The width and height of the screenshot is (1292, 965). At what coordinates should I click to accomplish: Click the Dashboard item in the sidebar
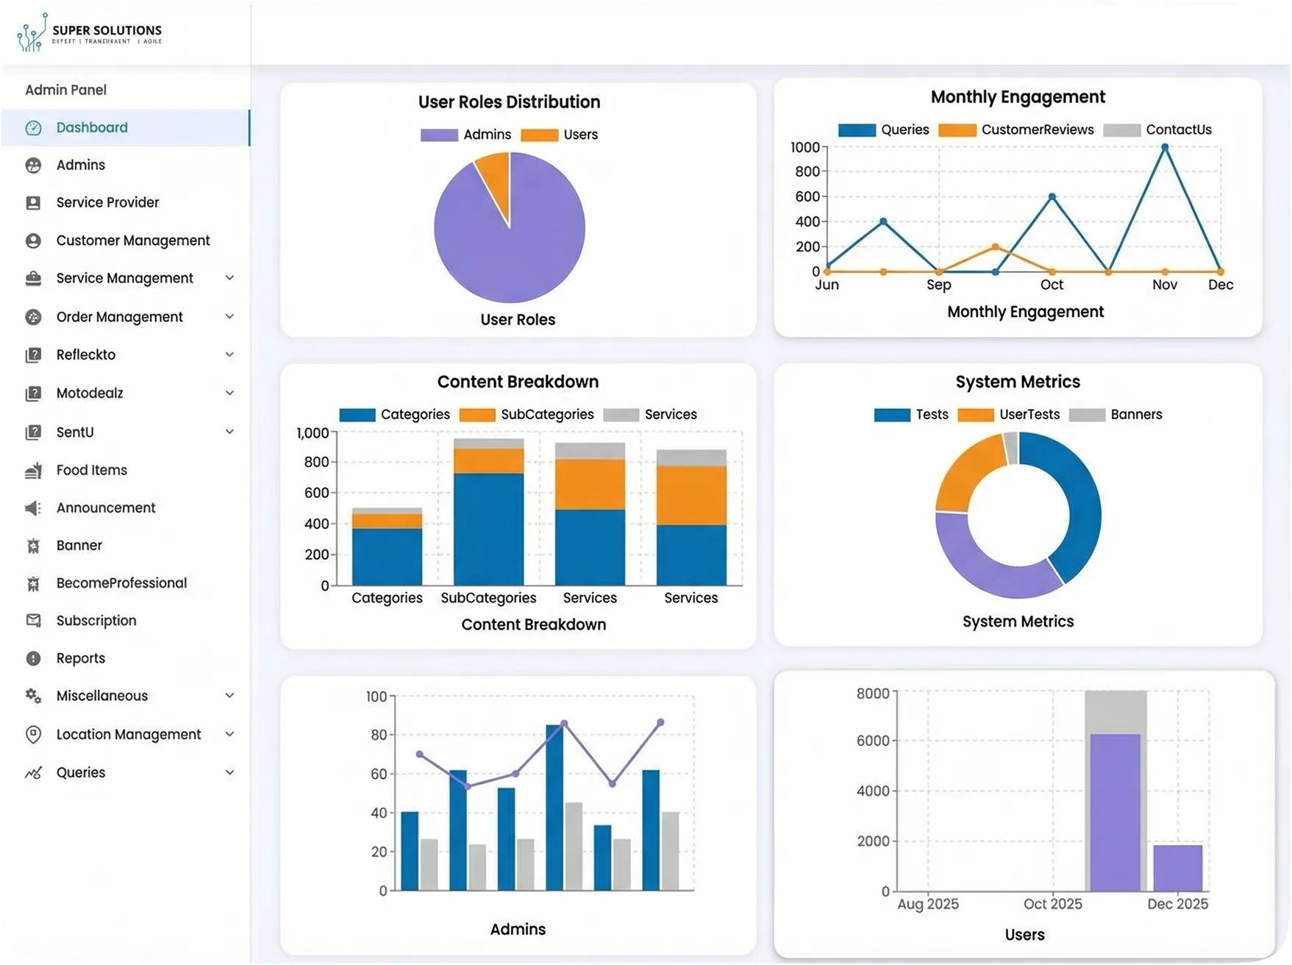pos(92,128)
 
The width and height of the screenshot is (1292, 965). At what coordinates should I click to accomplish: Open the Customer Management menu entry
pos(132,241)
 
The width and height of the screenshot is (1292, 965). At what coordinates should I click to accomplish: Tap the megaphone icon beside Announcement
pos(33,508)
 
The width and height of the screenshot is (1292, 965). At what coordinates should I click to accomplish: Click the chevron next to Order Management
pos(229,317)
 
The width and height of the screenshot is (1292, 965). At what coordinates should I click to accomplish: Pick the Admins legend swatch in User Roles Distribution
pos(439,135)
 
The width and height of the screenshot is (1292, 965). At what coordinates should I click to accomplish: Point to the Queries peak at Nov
pos(1165,148)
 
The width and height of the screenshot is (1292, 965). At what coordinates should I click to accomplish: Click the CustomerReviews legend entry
pos(1037,130)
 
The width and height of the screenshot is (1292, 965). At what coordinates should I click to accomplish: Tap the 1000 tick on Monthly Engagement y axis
pos(804,148)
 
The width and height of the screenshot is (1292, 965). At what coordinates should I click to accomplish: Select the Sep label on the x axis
pos(939,285)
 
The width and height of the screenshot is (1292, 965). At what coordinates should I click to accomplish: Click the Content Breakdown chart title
pos(518,382)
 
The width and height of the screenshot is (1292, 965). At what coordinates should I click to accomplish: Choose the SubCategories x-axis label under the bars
pos(488,598)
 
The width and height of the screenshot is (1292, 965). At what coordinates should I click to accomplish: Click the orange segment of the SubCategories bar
pos(489,461)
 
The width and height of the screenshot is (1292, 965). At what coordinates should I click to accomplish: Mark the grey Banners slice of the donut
pos(1011,448)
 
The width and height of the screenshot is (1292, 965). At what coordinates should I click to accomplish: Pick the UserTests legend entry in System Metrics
pos(1029,415)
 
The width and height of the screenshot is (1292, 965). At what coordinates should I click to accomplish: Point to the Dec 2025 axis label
pos(1177,904)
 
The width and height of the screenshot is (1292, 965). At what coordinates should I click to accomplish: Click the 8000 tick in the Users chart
pos(873,694)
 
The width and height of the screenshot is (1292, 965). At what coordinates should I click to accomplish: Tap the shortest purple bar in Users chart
pos(1177,869)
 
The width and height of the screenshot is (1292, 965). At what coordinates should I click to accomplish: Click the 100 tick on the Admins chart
pos(376,697)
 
